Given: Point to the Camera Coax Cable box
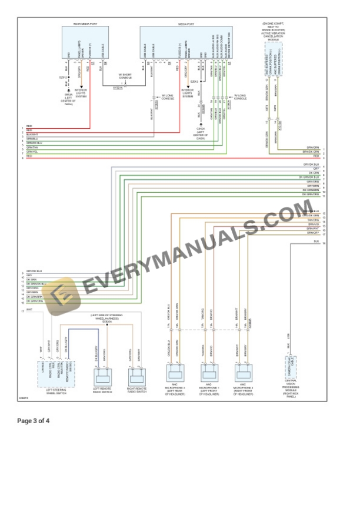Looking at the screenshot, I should tap(291, 365).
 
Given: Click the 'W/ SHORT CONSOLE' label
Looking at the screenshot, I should tap(125, 76).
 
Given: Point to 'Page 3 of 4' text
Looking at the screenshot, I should tap(34, 421).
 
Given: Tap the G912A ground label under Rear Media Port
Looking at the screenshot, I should tap(68, 95).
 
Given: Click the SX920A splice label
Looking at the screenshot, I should tap(107, 322).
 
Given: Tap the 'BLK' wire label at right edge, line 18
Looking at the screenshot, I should tap(316, 242).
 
